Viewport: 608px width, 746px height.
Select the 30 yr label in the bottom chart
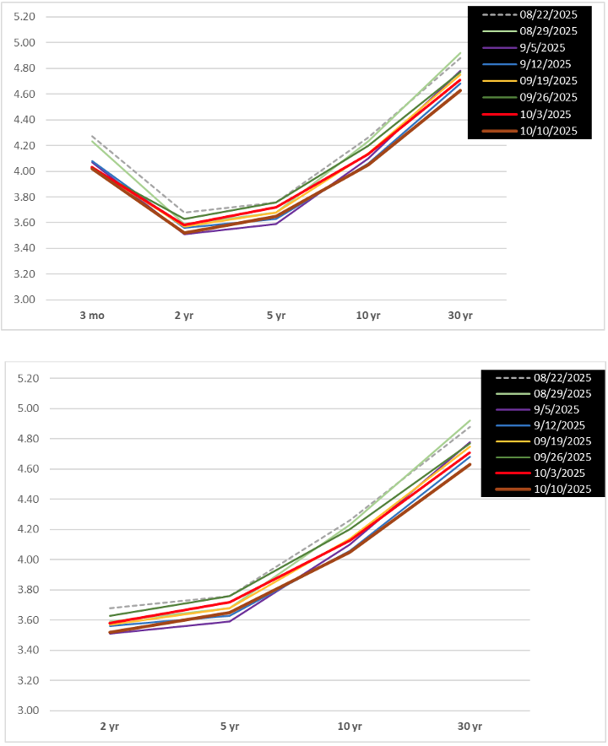coord(470,726)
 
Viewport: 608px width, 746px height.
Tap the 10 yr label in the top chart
coord(369,315)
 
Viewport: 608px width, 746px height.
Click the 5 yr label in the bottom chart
coord(230,726)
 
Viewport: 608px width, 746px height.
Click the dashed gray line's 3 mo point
coord(91,136)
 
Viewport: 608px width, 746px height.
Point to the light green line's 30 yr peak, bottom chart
coord(470,420)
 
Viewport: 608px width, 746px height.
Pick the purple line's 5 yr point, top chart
coord(275,224)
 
